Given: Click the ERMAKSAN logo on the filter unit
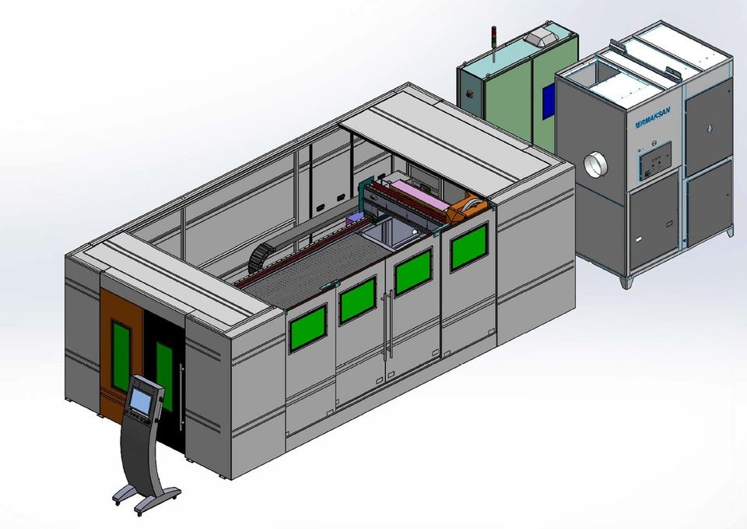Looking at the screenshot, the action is coord(653,118).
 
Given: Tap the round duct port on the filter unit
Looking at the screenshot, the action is coord(595,164).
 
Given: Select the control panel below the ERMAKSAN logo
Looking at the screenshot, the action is coord(654,161).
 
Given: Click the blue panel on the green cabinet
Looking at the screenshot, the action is coord(549,101).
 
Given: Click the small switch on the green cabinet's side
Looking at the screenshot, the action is coord(469,93).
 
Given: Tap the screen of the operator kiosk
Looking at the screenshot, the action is coord(139,400).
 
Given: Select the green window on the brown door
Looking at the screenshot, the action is coord(121,356).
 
